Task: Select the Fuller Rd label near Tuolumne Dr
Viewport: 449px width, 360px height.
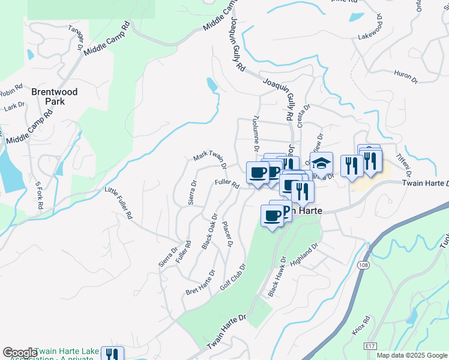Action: point(228,184)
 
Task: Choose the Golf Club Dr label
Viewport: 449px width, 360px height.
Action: point(234,277)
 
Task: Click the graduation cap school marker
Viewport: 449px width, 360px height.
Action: point(321,163)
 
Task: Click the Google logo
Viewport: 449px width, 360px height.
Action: point(19,353)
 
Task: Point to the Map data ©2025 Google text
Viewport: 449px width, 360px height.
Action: point(411,355)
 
